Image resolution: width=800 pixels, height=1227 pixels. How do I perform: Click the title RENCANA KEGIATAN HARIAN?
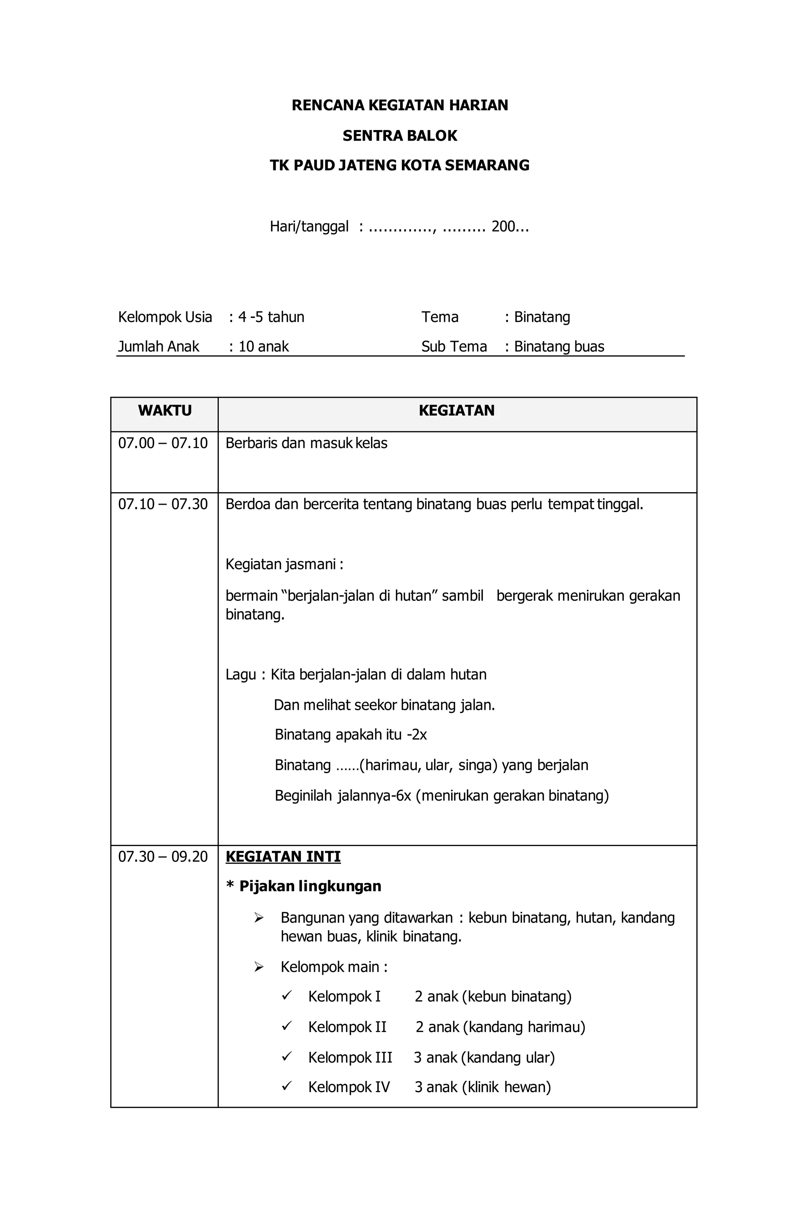(400, 105)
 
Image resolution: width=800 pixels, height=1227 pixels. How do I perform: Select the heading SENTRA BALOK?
(400, 136)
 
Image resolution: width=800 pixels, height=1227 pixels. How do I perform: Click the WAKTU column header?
(164, 411)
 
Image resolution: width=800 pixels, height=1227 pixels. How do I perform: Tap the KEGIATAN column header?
(456, 411)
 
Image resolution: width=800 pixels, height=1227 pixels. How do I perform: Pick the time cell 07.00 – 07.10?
(163, 443)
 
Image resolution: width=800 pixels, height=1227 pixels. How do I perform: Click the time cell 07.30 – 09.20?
(163, 856)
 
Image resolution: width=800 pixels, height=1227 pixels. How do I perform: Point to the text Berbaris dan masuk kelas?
(306, 443)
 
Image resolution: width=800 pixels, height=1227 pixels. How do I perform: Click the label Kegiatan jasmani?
(284, 564)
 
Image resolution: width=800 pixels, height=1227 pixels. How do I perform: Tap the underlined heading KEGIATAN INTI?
(283, 856)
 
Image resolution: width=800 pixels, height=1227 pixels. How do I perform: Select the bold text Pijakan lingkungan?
(310, 886)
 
